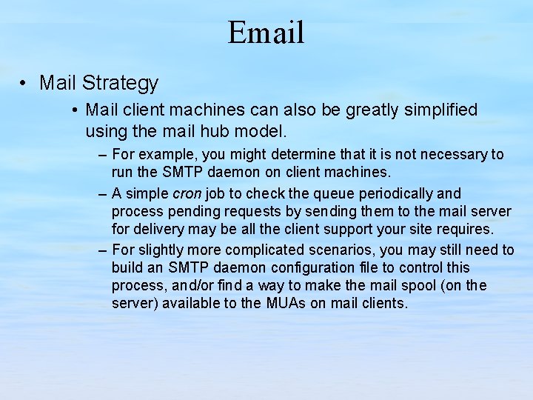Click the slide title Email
[266, 33]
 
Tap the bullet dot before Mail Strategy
[25, 83]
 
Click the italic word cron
[187, 194]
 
